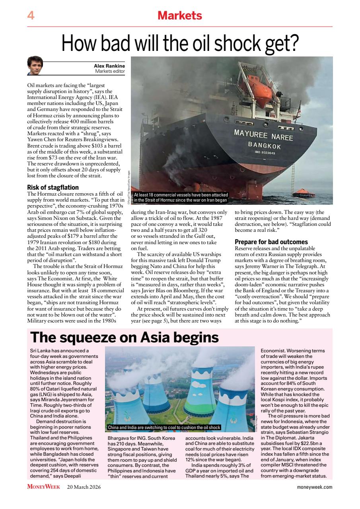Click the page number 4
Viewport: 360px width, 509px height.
(31, 16)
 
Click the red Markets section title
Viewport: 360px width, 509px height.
(180, 16)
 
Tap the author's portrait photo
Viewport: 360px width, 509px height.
(35, 66)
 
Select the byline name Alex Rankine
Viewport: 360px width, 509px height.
(109, 66)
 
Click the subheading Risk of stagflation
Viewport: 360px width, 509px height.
(53, 187)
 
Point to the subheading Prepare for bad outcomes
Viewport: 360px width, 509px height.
(271, 242)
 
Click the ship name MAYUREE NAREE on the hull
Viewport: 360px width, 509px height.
(263, 135)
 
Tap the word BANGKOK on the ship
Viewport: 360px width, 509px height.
(265, 145)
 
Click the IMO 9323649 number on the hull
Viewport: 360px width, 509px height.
(265, 152)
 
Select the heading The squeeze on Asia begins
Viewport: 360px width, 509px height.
(125, 337)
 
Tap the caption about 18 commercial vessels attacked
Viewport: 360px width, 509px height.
(181, 197)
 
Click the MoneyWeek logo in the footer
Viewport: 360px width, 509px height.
(43, 487)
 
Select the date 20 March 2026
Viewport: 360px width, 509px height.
(84, 487)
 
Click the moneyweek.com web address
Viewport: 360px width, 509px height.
(314, 487)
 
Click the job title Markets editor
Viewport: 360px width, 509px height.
(110, 72)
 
